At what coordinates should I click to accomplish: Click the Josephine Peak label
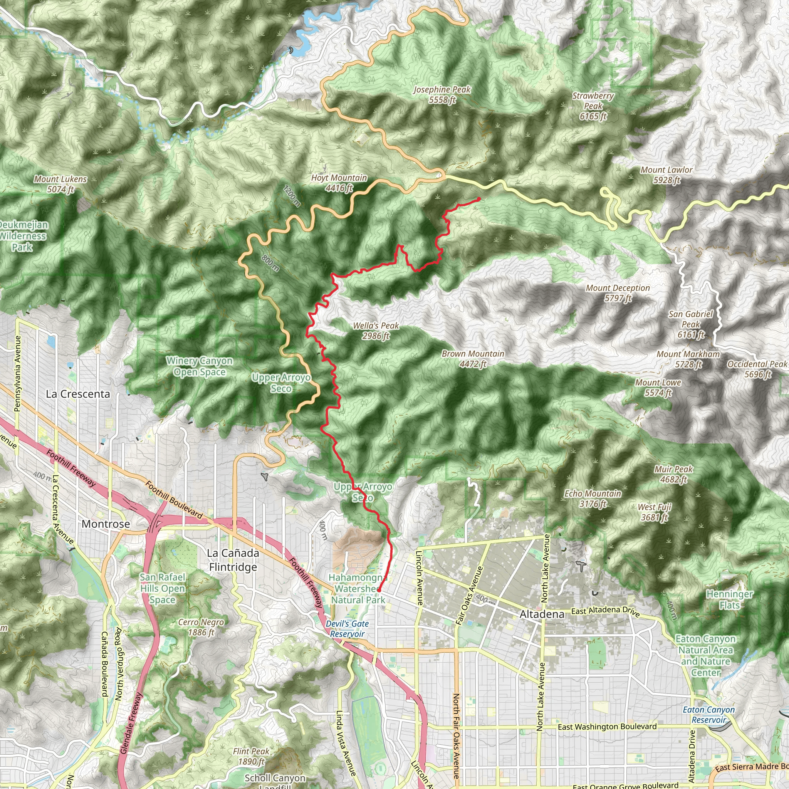(x=442, y=95)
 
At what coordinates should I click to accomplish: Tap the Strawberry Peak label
(x=593, y=106)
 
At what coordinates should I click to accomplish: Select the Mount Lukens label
(x=60, y=184)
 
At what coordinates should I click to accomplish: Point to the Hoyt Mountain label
(x=339, y=183)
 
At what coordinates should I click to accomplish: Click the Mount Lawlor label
(x=666, y=175)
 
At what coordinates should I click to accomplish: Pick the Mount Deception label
(x=618, y=293)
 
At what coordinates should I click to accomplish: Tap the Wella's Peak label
(x=376, y=331)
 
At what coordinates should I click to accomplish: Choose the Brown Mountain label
(x=473, y=359)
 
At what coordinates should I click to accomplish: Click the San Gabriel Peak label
(x=691, y=324)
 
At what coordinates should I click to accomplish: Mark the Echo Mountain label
(x=593, y=499)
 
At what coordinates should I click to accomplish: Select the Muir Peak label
(x=674, y=474)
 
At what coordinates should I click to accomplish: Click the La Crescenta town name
(x=78, y=394)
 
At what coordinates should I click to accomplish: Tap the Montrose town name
(x=106, y=524)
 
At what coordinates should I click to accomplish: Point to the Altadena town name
(x=542, y=614)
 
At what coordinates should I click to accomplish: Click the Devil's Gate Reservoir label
(x=347, y=629)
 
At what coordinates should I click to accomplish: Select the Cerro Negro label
(x=201, y=627)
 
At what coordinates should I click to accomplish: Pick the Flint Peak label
(x=251, y=756)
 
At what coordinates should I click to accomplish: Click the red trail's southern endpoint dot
(x=379, y=590)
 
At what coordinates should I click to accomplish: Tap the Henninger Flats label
(x=730, y=599)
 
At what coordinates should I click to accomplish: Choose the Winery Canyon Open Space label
(x=199, y=366)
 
